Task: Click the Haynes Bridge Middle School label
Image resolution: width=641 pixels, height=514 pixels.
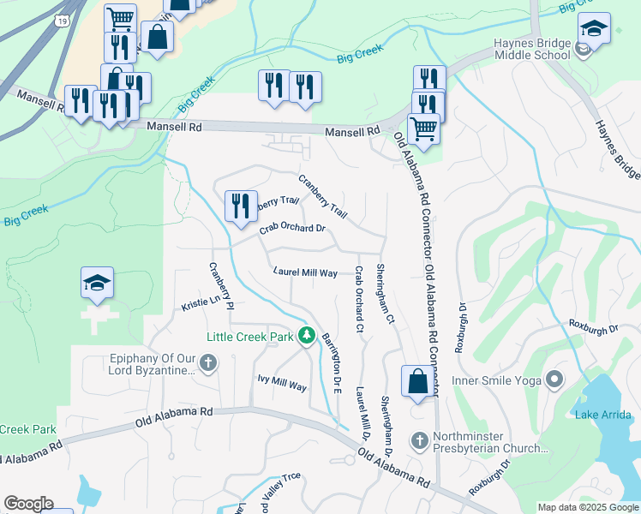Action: [531, 49]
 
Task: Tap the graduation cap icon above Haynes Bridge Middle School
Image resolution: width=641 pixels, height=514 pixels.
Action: [594, 28]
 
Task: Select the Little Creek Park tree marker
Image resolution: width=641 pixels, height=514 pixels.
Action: [307, 335]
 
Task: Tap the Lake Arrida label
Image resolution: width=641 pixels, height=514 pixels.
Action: [604, 415]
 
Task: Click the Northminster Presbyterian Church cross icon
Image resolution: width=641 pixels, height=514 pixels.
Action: [419, 440]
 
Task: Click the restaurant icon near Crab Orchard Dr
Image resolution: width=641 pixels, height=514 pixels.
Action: [239, 205]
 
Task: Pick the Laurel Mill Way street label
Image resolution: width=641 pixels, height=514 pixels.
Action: [305, 272]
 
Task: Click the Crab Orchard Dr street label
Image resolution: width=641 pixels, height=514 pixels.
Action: [292, 229]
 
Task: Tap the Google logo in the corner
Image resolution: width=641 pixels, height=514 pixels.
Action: [28, 504]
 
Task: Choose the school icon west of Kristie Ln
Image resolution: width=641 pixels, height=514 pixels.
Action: [97, 282]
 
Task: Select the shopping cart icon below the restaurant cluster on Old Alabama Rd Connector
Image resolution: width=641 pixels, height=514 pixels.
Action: [422, 128]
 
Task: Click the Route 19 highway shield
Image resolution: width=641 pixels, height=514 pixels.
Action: [63, 18]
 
